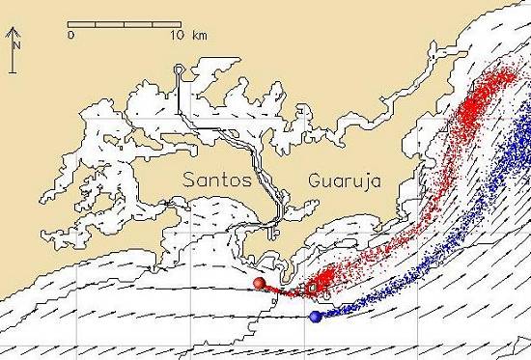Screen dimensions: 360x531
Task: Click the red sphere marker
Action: click(259, 283)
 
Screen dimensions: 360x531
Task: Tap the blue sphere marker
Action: click(315, 317)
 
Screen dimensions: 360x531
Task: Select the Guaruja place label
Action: click(346, 180)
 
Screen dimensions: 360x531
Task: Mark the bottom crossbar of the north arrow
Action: click(10, 70)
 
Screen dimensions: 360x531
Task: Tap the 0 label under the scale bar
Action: click(71, 35)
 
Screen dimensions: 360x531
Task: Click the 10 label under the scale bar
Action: click(174, 35)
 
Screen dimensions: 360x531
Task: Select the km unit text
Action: click(200, 35)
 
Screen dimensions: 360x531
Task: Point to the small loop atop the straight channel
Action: click(179, 69)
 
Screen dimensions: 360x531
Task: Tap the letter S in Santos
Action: click(190, 180)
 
